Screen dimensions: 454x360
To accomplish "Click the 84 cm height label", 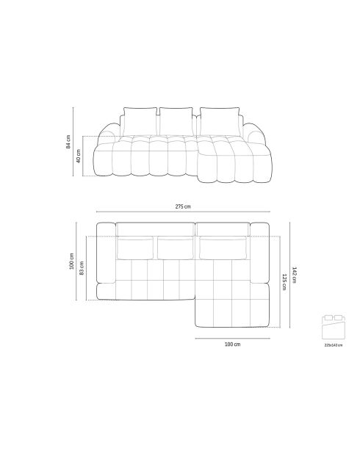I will pyautogui.click(x=68, y=142).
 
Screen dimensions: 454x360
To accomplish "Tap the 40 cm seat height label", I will pyautogui.click(x=79, y=156).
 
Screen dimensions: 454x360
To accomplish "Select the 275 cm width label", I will pyautogui.click(x=183, y=207).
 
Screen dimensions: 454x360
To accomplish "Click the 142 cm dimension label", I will pyautogui.click(x=295, y=273).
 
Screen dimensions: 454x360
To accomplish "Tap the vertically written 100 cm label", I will pyautogui.click(x=71, y=261).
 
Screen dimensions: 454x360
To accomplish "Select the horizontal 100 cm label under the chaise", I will pyautogui.click(x=232, y=344).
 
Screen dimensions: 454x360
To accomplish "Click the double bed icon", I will pyautogui.click(x=333, y=325).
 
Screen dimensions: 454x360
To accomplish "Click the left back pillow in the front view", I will pyautogui.click(x=139, y=120).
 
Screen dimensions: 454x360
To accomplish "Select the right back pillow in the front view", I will pyautogui.click(x=219, y=120).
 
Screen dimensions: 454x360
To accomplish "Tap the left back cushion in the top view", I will pyautogui.click(x=136, y=248).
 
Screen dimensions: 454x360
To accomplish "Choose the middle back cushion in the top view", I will pyautogui.click(x=174, y=248).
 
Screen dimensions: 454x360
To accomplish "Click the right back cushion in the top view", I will pyautogui.click(x=222, y=248).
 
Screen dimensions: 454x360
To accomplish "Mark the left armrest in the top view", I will pyautogui.click(x=106, y=261).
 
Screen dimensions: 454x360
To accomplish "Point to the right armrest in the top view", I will pyautogui.click(x=260, y=253).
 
